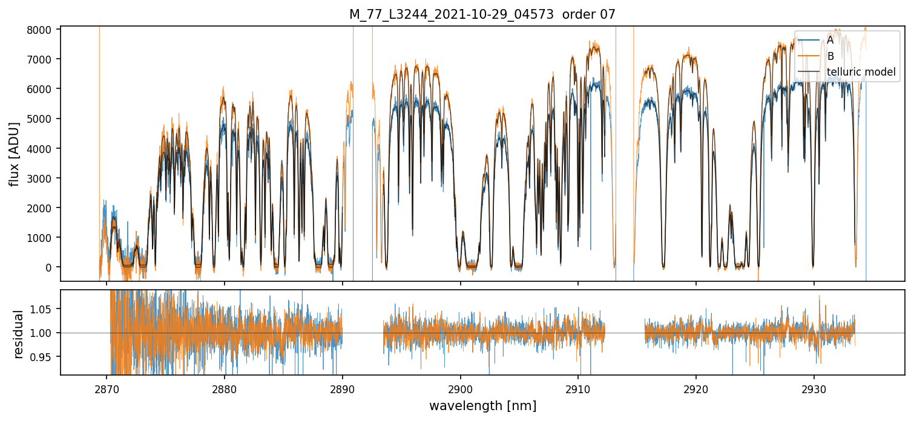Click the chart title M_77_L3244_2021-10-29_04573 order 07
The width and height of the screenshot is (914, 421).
pyautogui.click(x=482, y=15)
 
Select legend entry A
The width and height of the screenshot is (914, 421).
pyautogui.click(x=830, y=40)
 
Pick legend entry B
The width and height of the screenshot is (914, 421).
pyautogui.click(x=830, y=56)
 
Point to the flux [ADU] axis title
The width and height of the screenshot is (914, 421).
pyautogui.click(x=14, y=154)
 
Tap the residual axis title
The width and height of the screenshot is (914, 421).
pyautogui.click(x=19, y=334)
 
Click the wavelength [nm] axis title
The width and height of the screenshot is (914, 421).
pyautogui.click(x=482, y=406)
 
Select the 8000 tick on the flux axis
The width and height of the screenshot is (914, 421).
pyautogui.click(x=43, y=30)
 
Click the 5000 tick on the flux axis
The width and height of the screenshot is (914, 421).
pyautogui.click(x=43, y=119)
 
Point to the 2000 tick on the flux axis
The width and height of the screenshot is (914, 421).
pyautogui.click(x=43, y=207)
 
